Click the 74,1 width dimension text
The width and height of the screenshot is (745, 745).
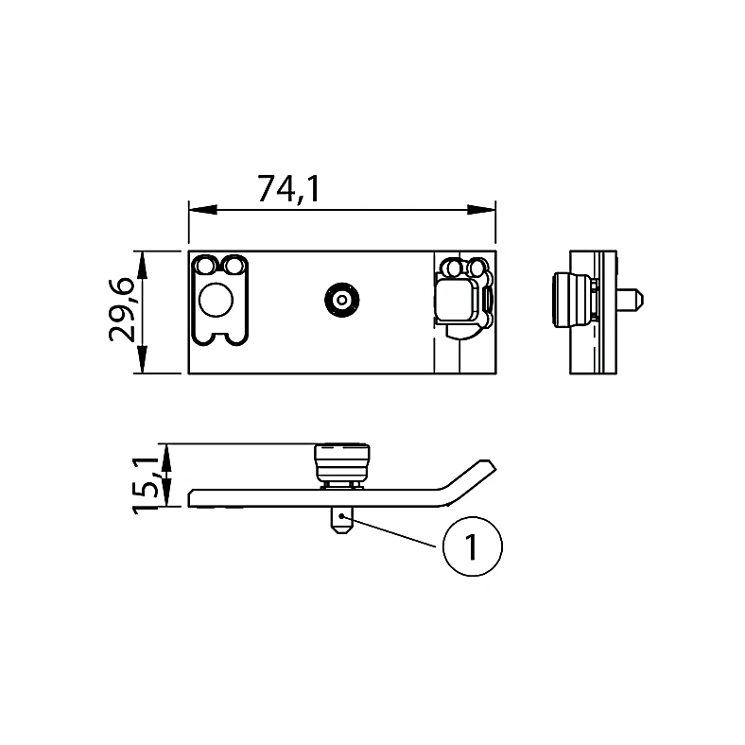[x=288, y=190]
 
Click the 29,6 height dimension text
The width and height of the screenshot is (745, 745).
[x=122, y=311]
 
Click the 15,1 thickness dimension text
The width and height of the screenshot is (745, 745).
[x=146, y=485]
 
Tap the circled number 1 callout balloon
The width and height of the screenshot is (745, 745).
[x=472, y=546]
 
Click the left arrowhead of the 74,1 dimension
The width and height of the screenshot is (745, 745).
[x=203, y=210]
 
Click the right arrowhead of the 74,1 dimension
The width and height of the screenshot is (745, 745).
[x=481, y=210]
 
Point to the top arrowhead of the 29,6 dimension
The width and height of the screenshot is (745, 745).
[x=142, y=265]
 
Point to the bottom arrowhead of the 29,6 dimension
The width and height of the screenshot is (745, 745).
[x=142, y=359]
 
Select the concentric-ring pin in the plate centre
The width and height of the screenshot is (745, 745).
[x=341, y=300]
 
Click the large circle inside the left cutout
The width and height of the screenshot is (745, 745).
[x=217, y=300]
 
